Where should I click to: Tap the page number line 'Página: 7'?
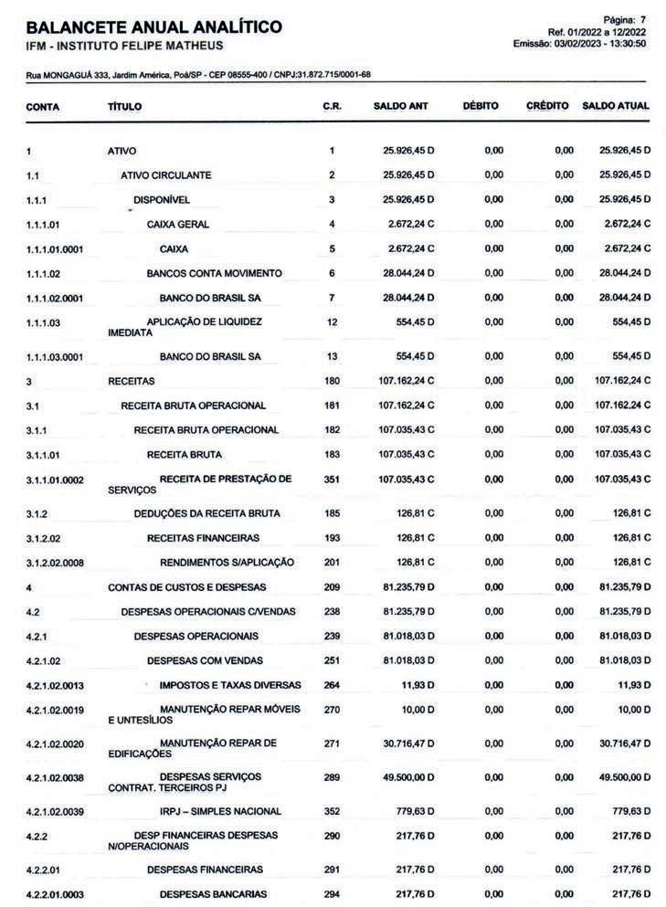[626, 19]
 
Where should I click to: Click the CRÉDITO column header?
[547, 107]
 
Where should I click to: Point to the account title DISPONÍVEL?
[162, 200]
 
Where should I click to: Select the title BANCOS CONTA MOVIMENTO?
[214, 273]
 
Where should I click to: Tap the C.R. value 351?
[332, 479]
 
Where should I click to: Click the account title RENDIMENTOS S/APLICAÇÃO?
[227, 563]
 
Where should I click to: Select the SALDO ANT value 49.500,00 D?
[408, 776]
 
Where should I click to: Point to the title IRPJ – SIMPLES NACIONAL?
[220, 811]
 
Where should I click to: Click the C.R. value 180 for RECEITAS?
[332, 381]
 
